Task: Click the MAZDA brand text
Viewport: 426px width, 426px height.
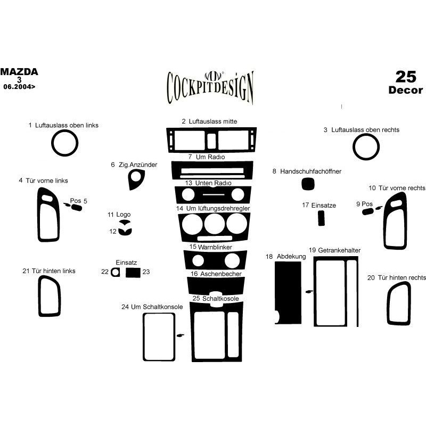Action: click(19, 72)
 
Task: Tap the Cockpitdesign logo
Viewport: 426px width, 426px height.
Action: click(210, 87)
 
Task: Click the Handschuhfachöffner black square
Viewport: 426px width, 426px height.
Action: click(308, 184)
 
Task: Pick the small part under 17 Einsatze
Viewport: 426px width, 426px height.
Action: click(321, 218)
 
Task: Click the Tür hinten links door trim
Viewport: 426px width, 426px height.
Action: click(39, 296)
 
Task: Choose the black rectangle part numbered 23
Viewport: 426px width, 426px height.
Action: click(133, 273)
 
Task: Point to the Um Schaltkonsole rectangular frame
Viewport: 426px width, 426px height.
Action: click(143, 337)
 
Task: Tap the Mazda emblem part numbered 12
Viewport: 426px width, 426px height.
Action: click(125, 232)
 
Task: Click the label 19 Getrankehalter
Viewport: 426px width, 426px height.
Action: click(334, 250)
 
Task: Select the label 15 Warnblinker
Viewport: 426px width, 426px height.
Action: click(210, 247)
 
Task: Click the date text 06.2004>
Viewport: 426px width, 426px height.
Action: click(19, 87)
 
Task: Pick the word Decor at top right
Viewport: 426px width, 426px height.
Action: click(406, 90)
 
